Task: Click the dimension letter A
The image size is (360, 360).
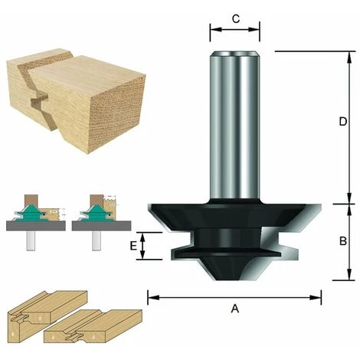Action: tap(235, 309)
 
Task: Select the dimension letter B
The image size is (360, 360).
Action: tap(343, 241)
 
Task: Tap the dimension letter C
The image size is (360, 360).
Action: tap(235, 18)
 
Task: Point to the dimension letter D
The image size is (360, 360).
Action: tap(343, 122)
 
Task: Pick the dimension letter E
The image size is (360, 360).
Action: tap(133, 246)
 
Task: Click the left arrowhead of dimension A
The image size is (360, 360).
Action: tap(153, 297)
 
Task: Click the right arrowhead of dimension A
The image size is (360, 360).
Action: tap(316, 297)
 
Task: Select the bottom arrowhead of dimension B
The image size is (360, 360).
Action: tap(350, 274)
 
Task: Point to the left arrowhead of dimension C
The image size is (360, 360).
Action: tap(216, 29)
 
